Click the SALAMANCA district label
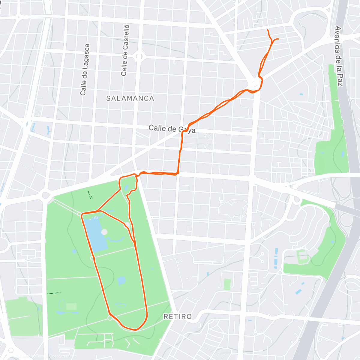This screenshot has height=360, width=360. [x=130, y=98]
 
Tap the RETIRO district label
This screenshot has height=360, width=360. [x=178, y=316]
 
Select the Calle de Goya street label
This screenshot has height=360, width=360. [x=172, y=129]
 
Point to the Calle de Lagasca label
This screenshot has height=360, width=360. [x=85, y=70]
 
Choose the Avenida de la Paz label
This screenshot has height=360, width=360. [x=338, y=56]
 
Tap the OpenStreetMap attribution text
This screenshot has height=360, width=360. [x=63, y=356]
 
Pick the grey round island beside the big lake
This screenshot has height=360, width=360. [x=104, y=232]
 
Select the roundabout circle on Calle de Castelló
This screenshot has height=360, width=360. [x=139, y=56]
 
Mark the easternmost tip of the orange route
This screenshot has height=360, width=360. [x=279, y=39]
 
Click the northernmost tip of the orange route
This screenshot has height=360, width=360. [x=267, y=30]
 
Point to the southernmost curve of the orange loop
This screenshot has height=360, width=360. [x=136, y=330]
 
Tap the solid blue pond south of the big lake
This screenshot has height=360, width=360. [x=121, y=281]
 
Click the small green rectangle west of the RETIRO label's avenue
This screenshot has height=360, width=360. [x=227, y=284]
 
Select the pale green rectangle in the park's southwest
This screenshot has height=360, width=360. [x=71, y=306]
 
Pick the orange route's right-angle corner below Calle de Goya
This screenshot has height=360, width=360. [x=178, y=173]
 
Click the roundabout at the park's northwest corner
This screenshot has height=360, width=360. [x=46, y=195]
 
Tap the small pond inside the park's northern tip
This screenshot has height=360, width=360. [x=126, y=188]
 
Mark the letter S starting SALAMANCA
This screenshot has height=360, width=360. [x=109, y=98]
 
